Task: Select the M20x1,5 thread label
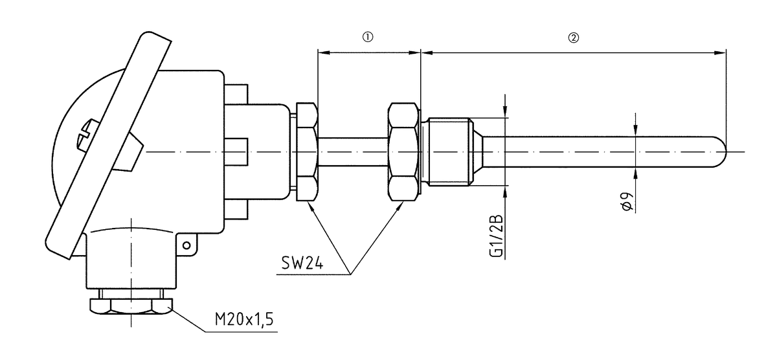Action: (242, 321)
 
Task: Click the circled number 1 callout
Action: (368, 37)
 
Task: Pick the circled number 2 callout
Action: (573, 37)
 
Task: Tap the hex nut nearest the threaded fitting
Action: (404, 152)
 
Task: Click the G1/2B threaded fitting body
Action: (447, 152)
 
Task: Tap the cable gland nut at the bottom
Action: (131, 305)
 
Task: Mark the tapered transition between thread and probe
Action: (480, 152)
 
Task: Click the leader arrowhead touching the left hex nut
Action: (310, 207)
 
